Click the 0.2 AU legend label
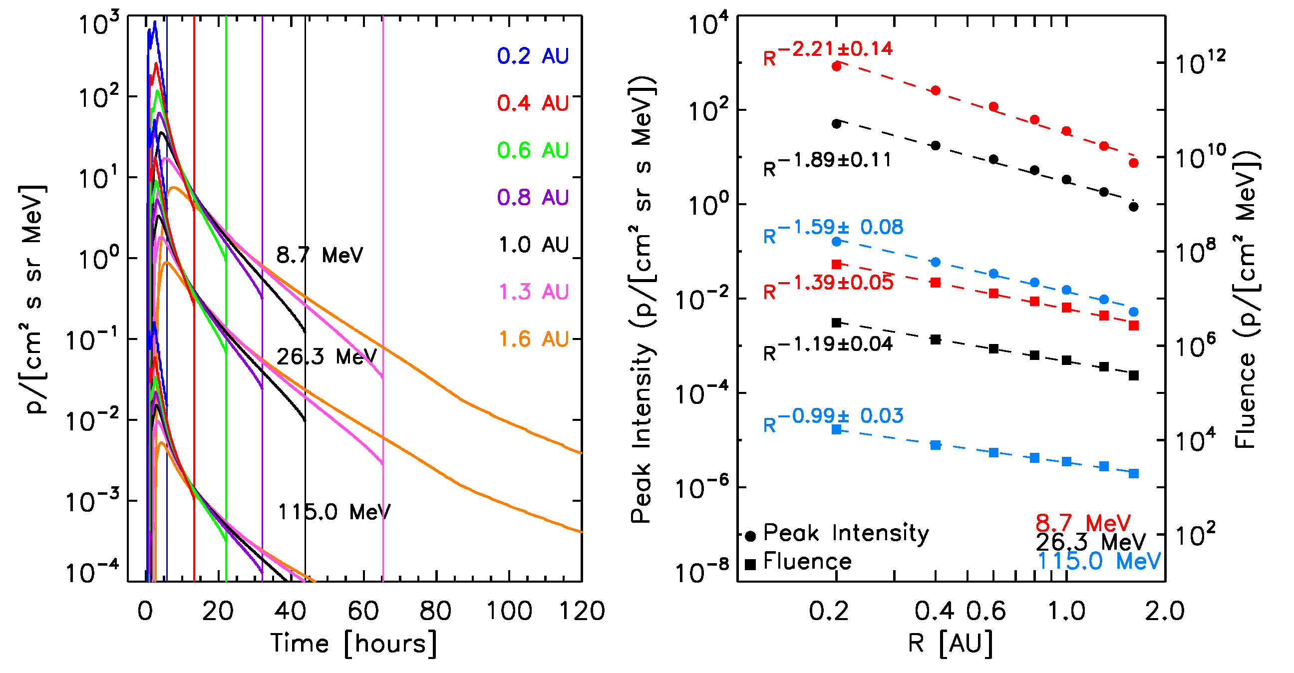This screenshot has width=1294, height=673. pyautogui.click(x=533, y=56)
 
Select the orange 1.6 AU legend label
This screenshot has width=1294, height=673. pyautogui.click(x=534, y=339)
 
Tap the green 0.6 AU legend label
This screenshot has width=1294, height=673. pyautogui.click(x=533, y=150)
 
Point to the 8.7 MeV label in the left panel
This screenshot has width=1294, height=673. pyautogui.click(x=320, y=255)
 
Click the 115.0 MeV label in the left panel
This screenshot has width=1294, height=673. pyautogui.click(x=334, y=512)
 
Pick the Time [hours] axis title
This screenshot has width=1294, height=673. pyautogui.click(x=353, y=644)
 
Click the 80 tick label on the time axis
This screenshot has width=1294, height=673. pyautogui.click(x=435, y=611)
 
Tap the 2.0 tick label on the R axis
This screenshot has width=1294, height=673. pyautogui.click(x=1164, y=611)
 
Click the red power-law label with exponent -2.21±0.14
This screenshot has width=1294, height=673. pyautogui.click(x=827, y=52)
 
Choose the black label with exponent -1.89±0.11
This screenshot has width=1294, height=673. pyautogui.click(x=827, y=163)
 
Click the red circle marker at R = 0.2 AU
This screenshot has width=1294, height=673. pyautogui.click(x=836, y=66)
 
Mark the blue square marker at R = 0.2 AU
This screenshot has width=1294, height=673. pyautogui.click(x=836, y=429)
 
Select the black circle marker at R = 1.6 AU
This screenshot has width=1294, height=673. pyautogui.click(x=1134, y=207)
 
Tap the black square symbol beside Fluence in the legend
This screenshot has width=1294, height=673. pyautogui.click(x=751, y=565)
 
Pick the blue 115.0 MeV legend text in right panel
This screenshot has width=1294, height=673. pyautogui.click(x=1099, y=561)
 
